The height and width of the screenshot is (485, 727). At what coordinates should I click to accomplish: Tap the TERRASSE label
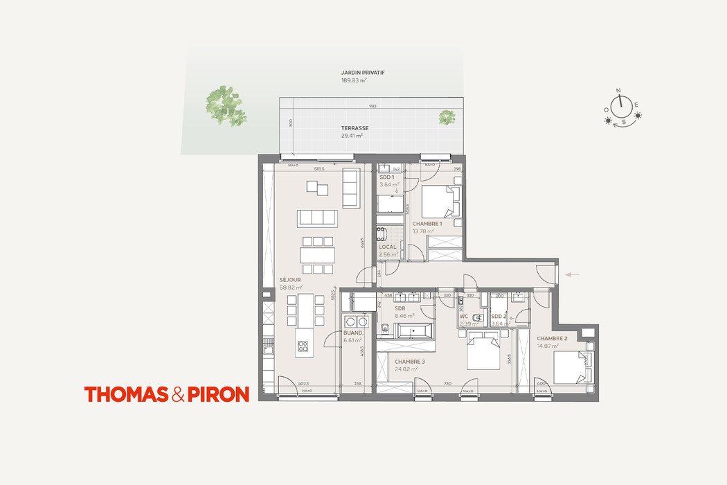pyautogui.click(x=354, y=128)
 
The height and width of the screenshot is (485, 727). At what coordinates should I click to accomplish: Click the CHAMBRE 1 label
pyautogui.click(x=427, y=224)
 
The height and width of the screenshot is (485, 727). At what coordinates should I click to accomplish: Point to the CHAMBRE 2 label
pyautogui.click(x=552, y=338)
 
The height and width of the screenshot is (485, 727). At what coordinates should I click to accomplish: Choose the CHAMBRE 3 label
pyautogui.click(x=409, y=362)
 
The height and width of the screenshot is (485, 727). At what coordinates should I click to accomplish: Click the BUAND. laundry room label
pyautogui.click(x=354, y=333)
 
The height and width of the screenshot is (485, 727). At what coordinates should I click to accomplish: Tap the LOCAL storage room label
pyautogui.click(x=387, y=247)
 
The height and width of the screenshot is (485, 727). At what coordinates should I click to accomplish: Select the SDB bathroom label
pyautogui.click(x=400, y=308)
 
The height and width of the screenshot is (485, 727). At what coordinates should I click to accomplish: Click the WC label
pyautogui.click(x=464, y=316)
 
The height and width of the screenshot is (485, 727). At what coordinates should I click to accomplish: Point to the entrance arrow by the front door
pyautogui.click(x=572, y=275)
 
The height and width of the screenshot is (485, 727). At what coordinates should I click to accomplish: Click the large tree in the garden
pyautogui.click(x=226, y=105)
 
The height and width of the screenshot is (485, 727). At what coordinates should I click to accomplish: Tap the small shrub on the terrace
pyautogui.click(x=447, y=117)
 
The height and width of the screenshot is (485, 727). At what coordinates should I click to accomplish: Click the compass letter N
pyautogui.click(x=620, y=91)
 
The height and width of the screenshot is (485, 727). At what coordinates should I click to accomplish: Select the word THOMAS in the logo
pyautogui.click(x=127, y=394)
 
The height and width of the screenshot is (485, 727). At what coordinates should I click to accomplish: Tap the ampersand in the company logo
pyautogui.click(x=178, y=395)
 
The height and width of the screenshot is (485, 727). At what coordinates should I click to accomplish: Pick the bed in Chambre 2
pyautogui.click(x=573, y=367)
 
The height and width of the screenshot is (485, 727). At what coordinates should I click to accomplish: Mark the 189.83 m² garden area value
pyautogui.click(x=353, y=80)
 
